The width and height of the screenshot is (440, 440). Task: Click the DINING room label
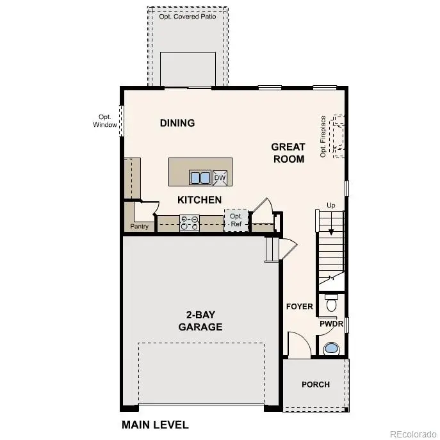tap(177, 123)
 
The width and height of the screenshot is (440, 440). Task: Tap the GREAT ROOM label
tap(288, 152)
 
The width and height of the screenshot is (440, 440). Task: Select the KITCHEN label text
tap(199, 200)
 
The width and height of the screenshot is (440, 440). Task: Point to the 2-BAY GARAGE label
tap(200, 320)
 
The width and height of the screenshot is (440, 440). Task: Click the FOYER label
tap(299, 306)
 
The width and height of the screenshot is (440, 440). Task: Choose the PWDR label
tap(332, 324)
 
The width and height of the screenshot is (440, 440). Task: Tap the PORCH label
tap(316, 384)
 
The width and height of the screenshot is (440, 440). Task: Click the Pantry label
tap(139, 226)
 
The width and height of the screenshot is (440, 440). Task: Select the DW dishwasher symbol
tap(220, 177)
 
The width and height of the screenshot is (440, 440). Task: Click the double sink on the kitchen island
tap(200, 177)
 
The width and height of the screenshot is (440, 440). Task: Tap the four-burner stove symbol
tap(190, 222)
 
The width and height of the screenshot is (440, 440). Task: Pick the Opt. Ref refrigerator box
tap(236, 220)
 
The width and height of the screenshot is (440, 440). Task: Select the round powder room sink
tap(331, 348)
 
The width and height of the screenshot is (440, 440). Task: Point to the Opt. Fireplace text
tap(323, 136)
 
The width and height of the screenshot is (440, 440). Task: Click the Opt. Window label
tap(105, 120)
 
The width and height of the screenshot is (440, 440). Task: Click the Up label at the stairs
tap(331, 205)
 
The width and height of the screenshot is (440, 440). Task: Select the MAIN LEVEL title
tap(155, 424)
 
